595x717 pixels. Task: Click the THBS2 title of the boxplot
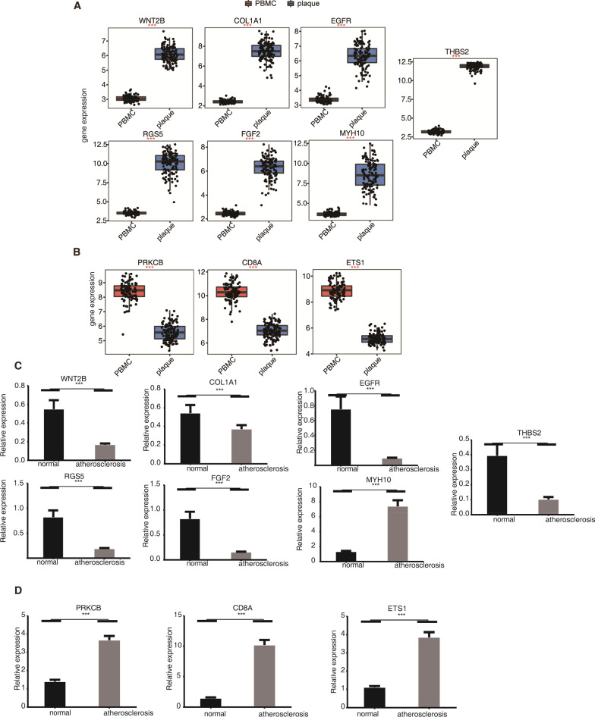point(455,52)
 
